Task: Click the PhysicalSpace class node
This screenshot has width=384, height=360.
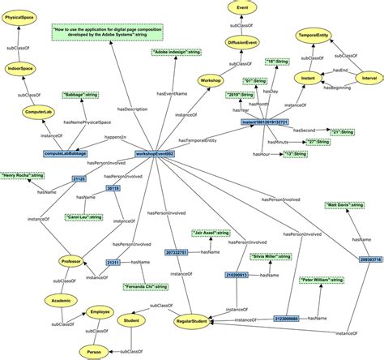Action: [x=20, y=15]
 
